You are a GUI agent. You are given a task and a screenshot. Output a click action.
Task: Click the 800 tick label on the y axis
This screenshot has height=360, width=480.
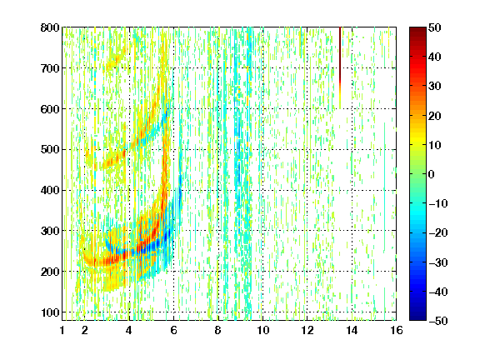tap(50, 27)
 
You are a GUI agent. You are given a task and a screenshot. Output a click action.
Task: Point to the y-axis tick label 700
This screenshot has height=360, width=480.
tap(50, 68)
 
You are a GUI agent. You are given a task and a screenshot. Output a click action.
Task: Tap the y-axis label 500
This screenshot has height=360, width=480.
tap(50, 150)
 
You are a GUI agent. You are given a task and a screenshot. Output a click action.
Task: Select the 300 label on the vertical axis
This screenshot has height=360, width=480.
tap(50, 231)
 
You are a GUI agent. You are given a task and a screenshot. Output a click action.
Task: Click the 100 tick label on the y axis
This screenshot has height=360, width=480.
tap(50, 312)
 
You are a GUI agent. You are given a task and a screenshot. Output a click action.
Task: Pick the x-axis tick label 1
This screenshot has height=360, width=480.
tap(62, 330)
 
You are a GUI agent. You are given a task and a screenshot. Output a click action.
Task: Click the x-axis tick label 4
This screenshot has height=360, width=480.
tap(129, 330)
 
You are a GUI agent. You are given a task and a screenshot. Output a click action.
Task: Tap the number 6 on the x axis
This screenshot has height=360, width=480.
tap(173, 330)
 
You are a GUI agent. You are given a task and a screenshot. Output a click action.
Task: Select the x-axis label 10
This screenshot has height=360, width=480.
tap(262, 330)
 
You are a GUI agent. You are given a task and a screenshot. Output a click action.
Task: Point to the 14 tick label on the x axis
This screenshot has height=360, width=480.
tap(352, 330)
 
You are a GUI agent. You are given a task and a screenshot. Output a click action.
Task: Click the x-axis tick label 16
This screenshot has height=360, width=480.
tap(397, 330)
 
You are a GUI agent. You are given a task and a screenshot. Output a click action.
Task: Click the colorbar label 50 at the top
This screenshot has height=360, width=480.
tap(435, 27)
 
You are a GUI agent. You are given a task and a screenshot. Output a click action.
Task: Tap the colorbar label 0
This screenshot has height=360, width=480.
tap(432, 174)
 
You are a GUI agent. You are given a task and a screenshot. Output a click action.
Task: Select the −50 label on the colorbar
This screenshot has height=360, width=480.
tap(438, 321)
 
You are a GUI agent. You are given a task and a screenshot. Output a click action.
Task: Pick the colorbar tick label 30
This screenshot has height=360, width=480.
tap(435, 87)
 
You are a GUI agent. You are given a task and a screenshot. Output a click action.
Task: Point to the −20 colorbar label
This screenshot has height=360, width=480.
tap(438, 232)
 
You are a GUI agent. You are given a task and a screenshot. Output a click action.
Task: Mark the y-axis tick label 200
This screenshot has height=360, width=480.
tap(50, 272)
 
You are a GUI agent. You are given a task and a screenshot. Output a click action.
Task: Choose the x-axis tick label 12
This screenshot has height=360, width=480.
tap(307, 330)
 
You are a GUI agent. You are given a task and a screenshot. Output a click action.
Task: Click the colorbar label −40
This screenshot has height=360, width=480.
tap(438, 292)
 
